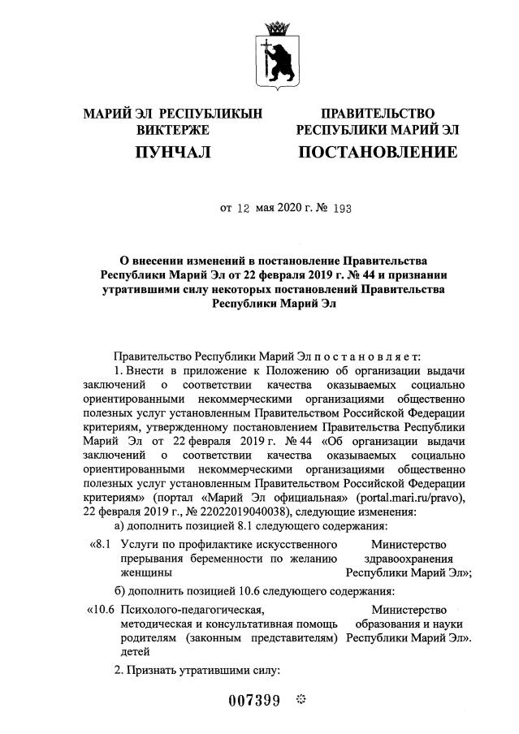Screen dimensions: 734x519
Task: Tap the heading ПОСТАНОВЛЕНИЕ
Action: [377, 152]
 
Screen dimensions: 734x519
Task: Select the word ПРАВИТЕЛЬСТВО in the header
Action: [378, 113]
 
